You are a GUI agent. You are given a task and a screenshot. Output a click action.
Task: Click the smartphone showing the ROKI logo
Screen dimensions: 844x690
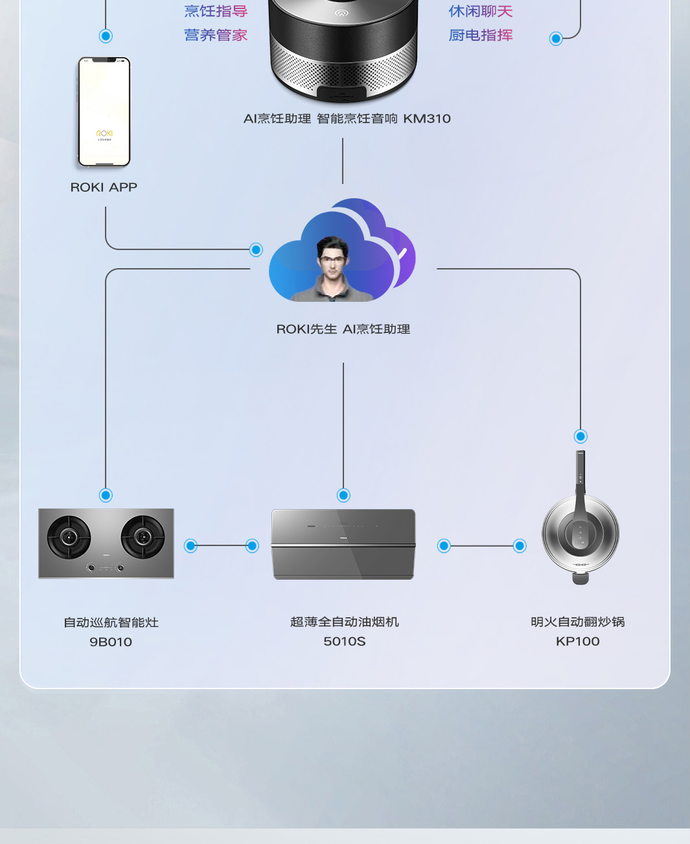tap(104, 111)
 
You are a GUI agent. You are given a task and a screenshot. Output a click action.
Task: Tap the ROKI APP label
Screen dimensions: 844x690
tap(104, 187)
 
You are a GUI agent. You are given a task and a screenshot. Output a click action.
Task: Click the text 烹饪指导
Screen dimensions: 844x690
tap(216, 11)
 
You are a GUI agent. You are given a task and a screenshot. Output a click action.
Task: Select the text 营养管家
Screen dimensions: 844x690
tap(216, 35)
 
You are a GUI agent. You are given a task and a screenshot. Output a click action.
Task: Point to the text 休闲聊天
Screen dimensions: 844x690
tap(480, 11)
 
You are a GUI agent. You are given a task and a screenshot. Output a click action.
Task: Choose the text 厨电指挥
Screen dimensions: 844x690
tap(480, 35)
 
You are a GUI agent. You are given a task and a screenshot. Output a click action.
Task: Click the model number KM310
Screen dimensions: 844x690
tap(426, 119)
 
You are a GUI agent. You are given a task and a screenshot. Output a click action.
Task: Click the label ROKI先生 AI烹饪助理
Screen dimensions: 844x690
tap(343, 329)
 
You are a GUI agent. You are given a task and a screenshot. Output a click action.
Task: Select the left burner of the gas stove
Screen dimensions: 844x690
tap(69, 537)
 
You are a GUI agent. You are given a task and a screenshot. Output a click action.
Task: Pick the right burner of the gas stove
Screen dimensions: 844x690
tap(143, 537)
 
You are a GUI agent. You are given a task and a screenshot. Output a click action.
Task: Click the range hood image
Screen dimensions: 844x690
tap(343, 544)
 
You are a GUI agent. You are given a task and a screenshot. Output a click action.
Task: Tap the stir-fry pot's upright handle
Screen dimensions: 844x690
tap(581, 476)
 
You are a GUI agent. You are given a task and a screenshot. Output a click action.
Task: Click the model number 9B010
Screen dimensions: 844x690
tap(111, 642)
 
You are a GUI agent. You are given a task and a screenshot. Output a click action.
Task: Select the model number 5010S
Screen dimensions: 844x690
tap(344, 641)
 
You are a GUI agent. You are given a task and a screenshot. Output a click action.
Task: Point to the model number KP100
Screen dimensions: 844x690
tap(577, 641)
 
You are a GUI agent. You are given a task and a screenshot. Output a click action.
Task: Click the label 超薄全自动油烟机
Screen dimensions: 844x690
tap(344, 622)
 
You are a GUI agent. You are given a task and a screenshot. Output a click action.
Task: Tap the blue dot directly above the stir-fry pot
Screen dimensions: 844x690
tap(581, 437)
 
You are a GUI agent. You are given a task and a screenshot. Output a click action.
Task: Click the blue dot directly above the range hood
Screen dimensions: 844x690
tap(343, 496)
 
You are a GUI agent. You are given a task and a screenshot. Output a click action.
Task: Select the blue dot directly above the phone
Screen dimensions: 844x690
tap(106, 36)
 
